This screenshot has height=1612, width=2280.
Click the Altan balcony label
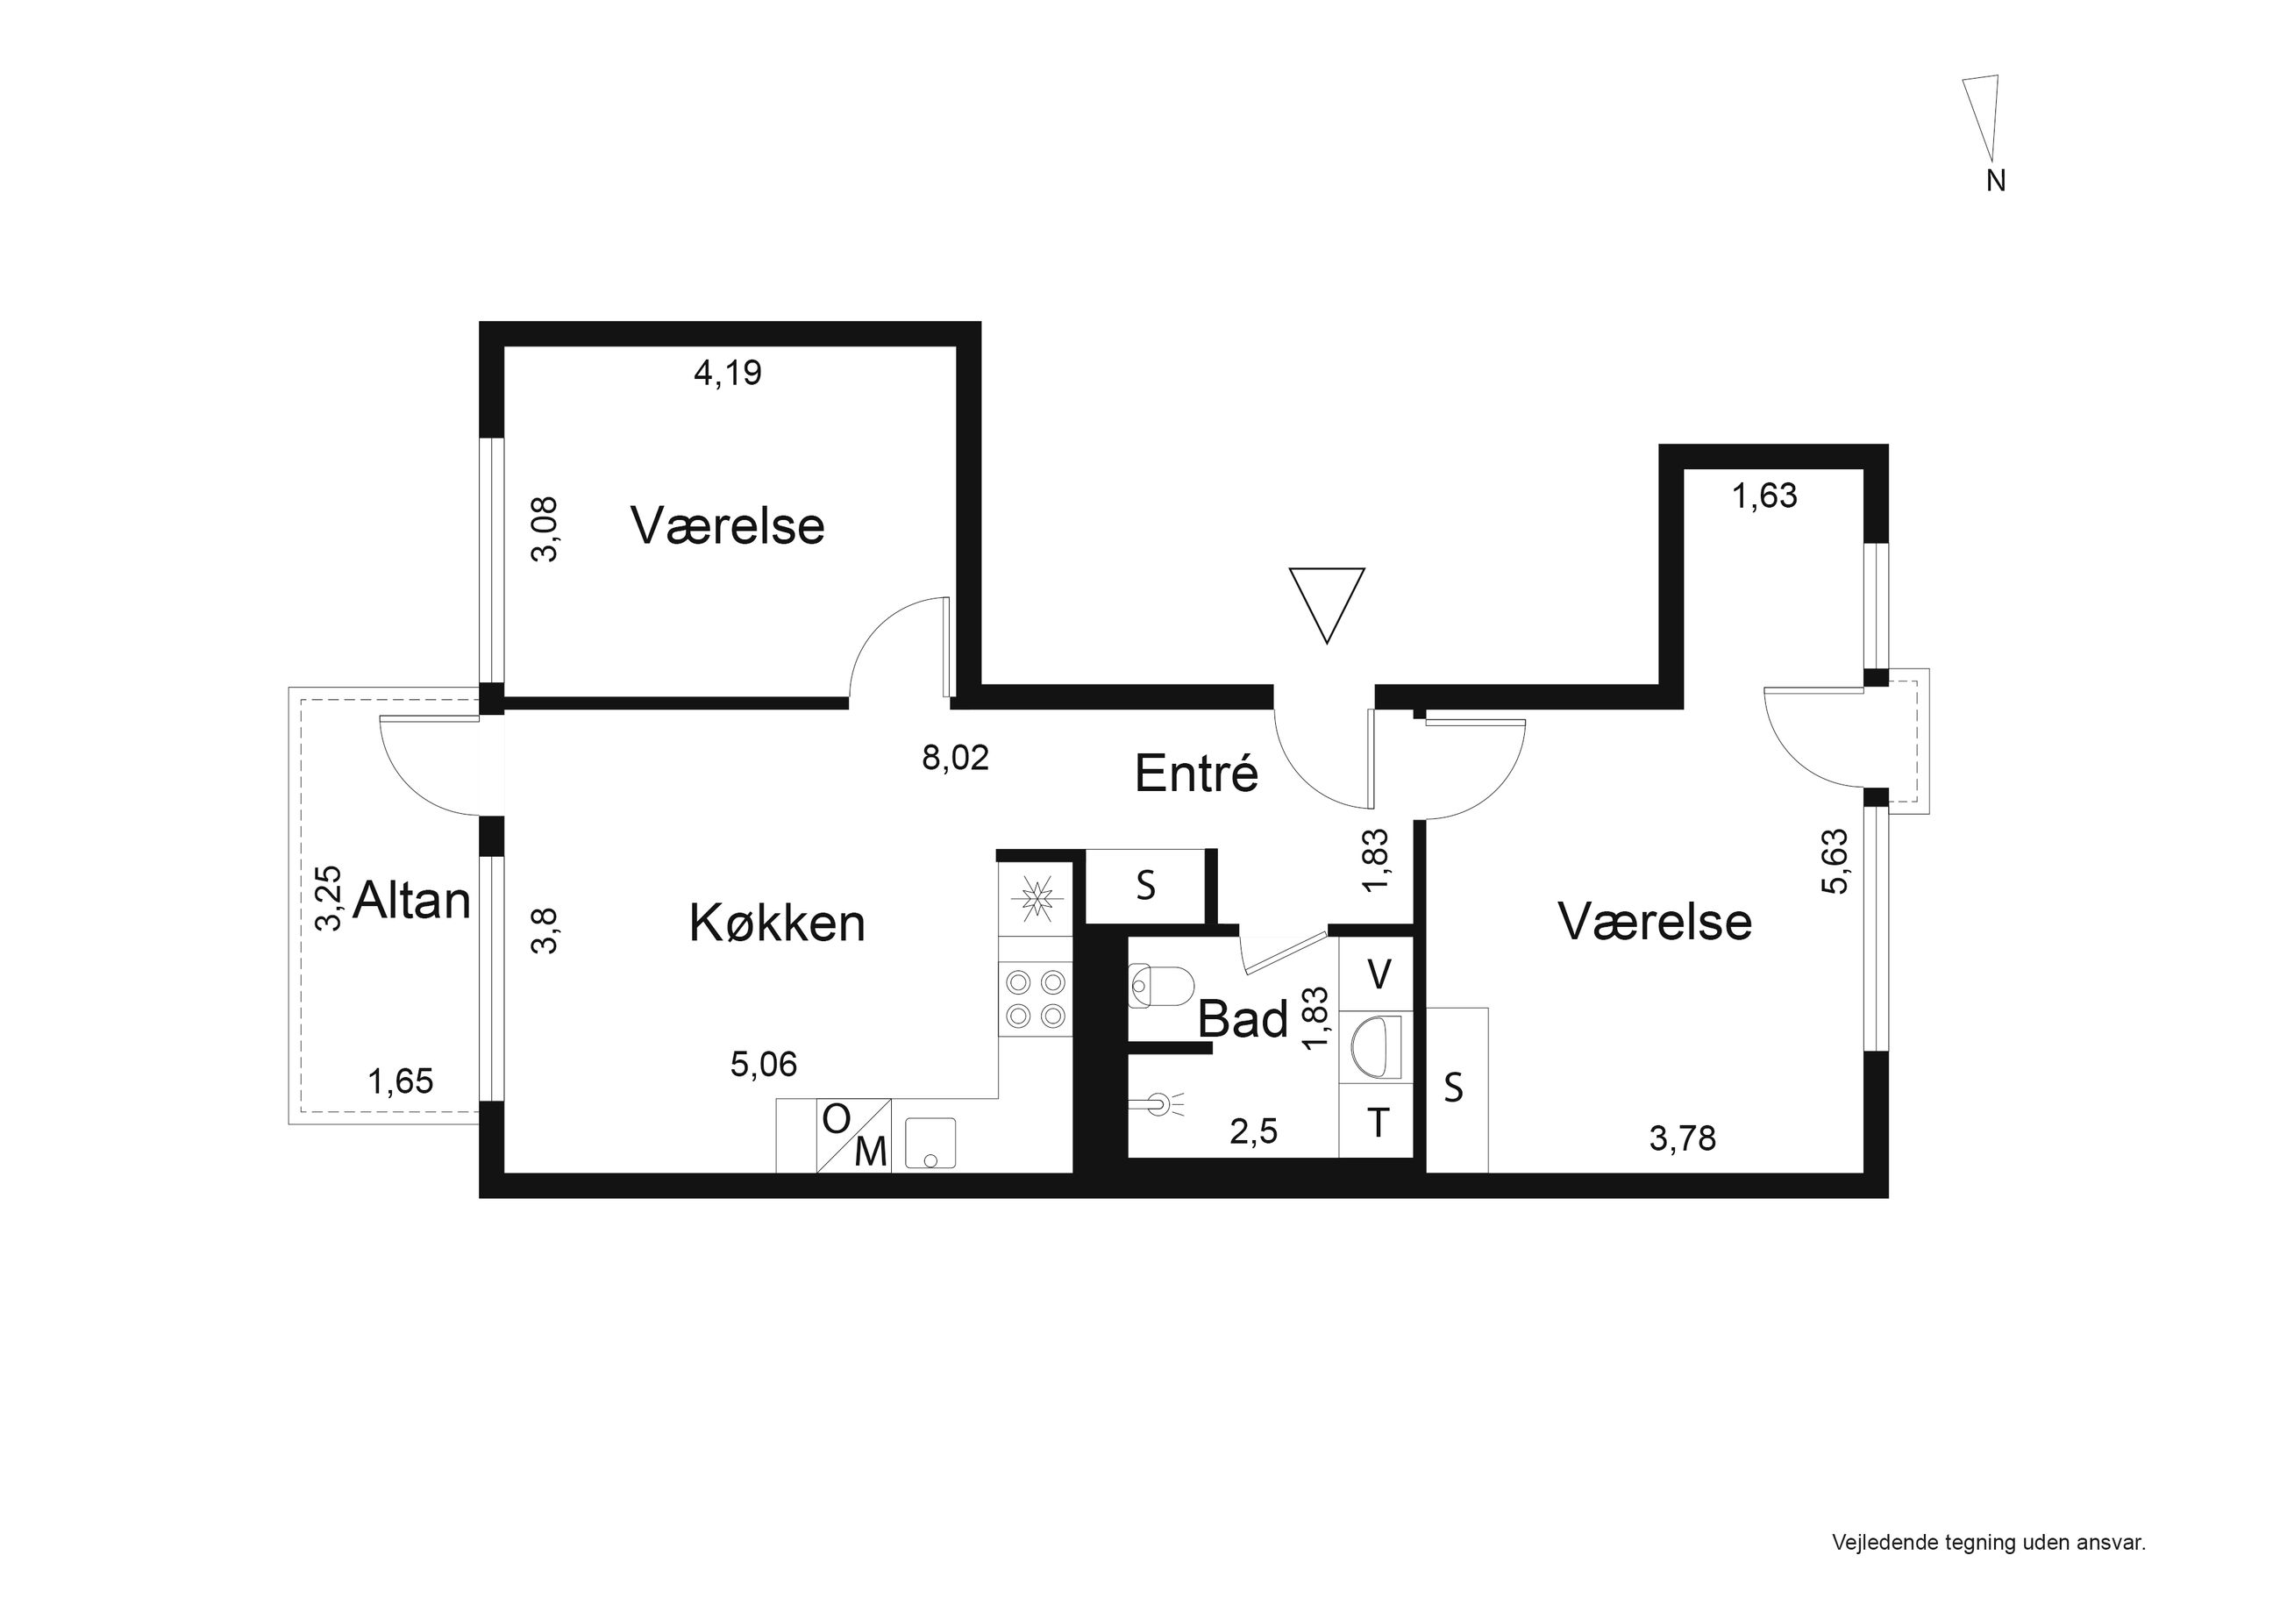pyautogui.click(x=411, y=901)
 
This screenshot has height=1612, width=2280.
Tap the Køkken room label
pyautogui.click(x=777, y=924)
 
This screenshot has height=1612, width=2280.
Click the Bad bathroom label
pyautogui.click(x=1243, y=1019)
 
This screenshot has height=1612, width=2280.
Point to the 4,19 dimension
pyautogui.click(x=727, y=374)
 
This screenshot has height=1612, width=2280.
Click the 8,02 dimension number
pyautogui.click(x=955, y=758)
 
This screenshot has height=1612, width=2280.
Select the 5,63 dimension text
pyautogui.click(x=1835, y=861)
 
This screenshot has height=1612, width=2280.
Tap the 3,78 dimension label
pyautogui.click(x=1682, y=1138)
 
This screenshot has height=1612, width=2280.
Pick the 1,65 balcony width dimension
pyautogui.click(x=400, y=1081)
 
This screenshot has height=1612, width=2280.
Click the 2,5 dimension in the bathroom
pyautogui.click(x=1253, y=1131)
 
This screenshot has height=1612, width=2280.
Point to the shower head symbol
pyautogui.click(x=1157, y=1102)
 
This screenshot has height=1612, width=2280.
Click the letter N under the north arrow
pyautogui.click(x=1995, y=181)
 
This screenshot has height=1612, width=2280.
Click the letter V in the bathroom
pyautogui.click(x=1379, y=975)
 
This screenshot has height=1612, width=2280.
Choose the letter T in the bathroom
pyautogui.click(x=1378, y=1123)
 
